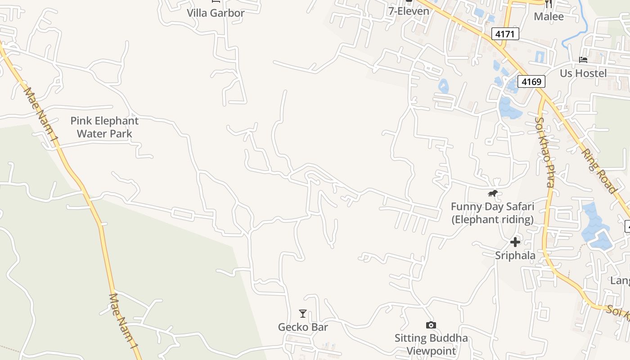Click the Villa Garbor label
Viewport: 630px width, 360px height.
coord(216,13)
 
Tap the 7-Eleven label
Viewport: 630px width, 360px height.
coord(409,11)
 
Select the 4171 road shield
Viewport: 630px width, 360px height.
coord(505,34)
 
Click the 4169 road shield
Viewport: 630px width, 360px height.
coord(531,82)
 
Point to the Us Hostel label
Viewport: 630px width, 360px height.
coord(583,73)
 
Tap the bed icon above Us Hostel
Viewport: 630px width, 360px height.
coord(583,59)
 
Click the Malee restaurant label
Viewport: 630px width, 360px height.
coord(549,17)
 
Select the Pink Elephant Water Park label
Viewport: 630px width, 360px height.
coord(104,127)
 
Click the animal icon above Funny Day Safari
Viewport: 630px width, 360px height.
coord(493,193)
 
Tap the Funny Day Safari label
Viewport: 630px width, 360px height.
coord(492,213)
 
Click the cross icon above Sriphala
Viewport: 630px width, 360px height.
coord(515,242)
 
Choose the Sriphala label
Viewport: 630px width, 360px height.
coord(515,256)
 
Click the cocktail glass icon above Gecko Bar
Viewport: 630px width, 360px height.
coord(303,314)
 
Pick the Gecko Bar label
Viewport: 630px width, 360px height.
coord(303,327)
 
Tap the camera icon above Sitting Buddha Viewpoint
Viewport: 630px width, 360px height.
coord(431,325)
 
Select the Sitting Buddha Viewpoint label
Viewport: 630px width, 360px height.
coord(431,344)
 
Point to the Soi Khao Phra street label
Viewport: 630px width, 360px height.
coord(545,152)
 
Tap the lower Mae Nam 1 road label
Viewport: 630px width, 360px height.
coord(123,321)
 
